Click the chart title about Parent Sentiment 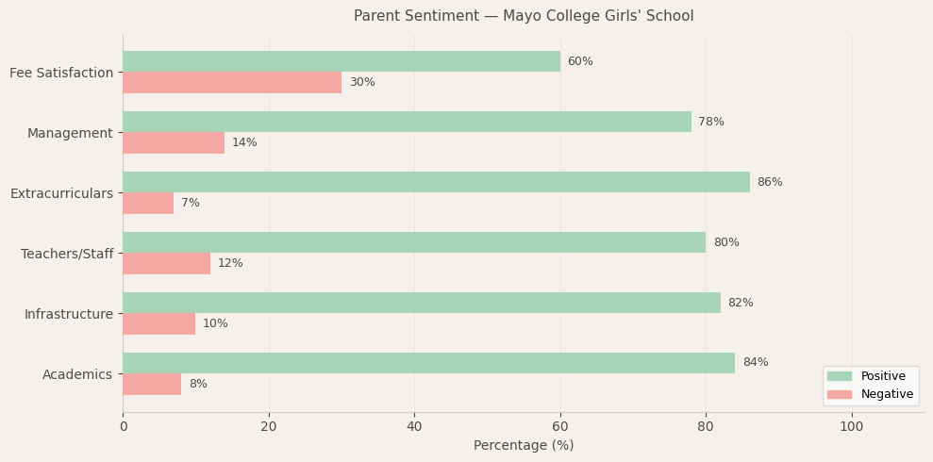[524, 16]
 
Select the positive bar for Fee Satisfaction [341, 61]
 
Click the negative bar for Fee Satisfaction [232, 82]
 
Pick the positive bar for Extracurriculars [436, 182]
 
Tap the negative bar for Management [174, 142]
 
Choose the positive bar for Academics [428, 363]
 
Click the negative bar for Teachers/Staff [166, 263]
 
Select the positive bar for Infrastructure [421, 303]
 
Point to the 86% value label [770, 182]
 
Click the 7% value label [191, 203]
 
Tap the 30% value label [362, 82]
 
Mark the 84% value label [755, 363]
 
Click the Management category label [70, 133]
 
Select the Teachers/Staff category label [67, 254]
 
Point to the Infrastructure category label [69, 314]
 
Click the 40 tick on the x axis [414, 426]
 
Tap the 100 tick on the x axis [851, 426]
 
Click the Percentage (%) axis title [524, 445]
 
